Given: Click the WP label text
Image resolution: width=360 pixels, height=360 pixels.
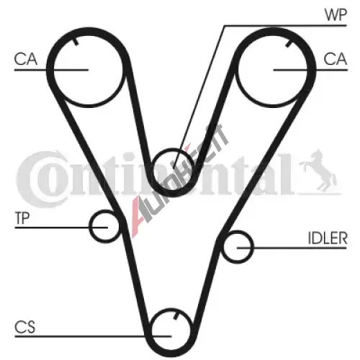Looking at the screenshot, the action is (x=336, y=15).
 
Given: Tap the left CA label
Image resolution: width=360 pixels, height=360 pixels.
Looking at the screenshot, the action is (x=26, y=59).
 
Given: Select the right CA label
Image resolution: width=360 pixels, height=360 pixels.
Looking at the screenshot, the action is (x=335, y=59).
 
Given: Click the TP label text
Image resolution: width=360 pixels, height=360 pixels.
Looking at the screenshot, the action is (x=22, y=218).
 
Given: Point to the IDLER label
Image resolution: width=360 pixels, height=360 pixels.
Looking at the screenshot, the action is (x=328, y=238).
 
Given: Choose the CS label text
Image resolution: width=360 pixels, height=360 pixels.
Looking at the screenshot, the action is (x=25, y=327).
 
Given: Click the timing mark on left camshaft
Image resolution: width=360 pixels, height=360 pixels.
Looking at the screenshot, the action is (x=76, y=42).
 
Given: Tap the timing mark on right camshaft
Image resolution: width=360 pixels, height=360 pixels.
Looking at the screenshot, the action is (x=289, y=43).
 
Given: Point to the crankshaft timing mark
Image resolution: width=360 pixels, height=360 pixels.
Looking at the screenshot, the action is (x=176, y=315).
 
